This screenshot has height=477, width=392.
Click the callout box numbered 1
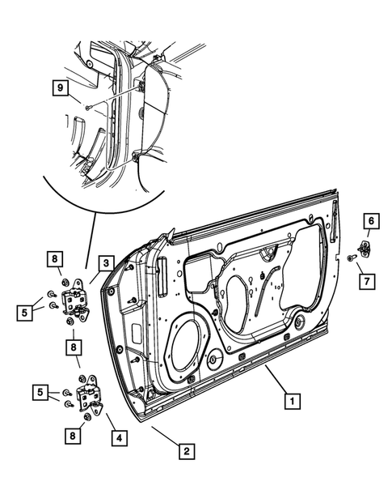[293, 399]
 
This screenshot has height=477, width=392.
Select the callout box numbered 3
[106, 263]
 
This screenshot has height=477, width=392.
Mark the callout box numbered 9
[59, 86]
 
